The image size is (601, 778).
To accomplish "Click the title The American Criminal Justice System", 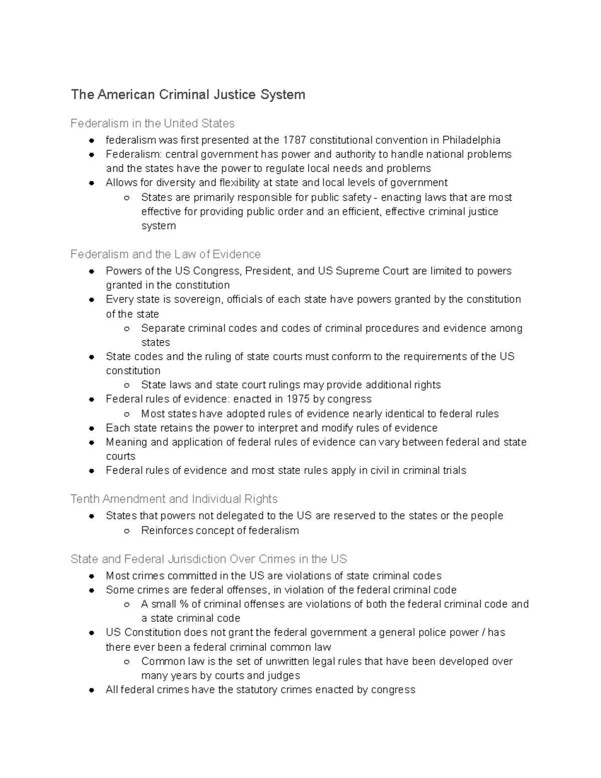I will pos(188,95).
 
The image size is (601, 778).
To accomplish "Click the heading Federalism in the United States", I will pos(152,123).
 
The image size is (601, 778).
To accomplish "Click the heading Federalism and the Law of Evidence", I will pos(165,254).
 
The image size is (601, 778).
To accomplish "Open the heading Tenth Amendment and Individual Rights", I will pos(174,499).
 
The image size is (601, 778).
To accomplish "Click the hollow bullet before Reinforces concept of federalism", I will pos(127,531).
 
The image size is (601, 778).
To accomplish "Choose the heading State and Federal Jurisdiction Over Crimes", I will pos(208,559).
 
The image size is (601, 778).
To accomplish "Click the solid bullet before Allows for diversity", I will pos(92,183).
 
